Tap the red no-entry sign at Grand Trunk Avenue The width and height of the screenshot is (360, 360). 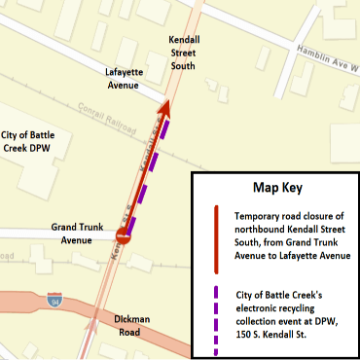[123, 235]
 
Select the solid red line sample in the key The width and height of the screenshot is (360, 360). [215, 234]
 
